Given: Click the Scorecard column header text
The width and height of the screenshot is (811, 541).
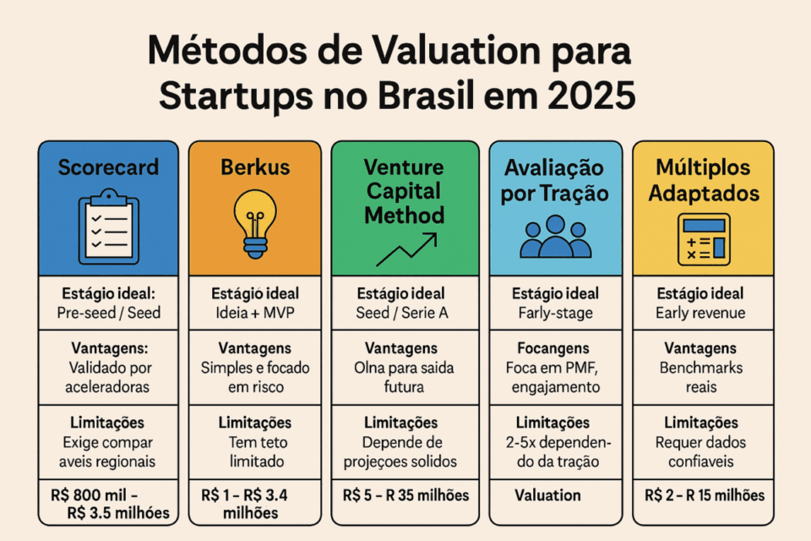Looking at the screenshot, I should click(108, 167).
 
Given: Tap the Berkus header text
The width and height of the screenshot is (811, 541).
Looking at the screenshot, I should click(254, 167).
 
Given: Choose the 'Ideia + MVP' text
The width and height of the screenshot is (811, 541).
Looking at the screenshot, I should click(254, 313).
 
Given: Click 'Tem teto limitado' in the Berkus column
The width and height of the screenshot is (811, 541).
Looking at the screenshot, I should click(254, 451).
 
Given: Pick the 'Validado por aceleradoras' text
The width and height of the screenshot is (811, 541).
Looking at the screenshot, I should click(108, 377).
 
